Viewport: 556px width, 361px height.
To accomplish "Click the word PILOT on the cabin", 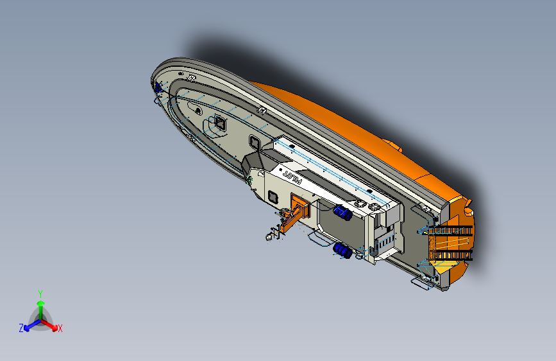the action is pyautogui.click(x=292, y=178).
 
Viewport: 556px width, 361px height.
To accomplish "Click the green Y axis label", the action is pyautogui.click(x=40, y=294).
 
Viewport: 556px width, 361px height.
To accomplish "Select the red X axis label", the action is pyautogui.click(x=60, y=328).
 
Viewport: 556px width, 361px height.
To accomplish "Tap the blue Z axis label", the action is pyautogui.click(x=21, y=328).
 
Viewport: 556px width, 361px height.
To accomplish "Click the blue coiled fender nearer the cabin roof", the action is pyautogui.click(x=342, y=213).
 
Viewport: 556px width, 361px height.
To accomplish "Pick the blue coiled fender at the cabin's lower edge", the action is pyautogui.click(x=342, y=251).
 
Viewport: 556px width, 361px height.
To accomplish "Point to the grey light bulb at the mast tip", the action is pyautogui.click(x=269, y=236).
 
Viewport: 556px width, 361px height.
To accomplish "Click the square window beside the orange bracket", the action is pyautogui.click(x=273, y=197).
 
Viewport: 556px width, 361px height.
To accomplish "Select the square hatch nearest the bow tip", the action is pyautogui.click(x=220, y=123).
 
